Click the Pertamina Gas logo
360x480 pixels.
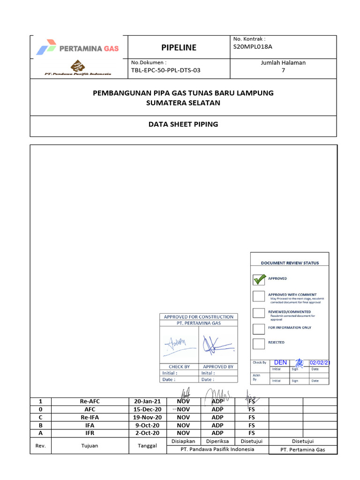tap(78, 48)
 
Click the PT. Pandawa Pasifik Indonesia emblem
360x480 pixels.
tap(77, 66)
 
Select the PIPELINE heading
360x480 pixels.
tap(179, 48)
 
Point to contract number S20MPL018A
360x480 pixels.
tap(253, 47)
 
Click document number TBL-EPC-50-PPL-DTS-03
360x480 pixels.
tap(166, 70)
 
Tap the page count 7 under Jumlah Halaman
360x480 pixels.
tap(283, 70)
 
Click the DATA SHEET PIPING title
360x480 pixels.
tap(183, 124)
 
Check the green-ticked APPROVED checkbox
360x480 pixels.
tap(259, 279)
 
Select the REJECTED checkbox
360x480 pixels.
tap(259, 343)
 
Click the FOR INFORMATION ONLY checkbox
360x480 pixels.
tap(259, 329)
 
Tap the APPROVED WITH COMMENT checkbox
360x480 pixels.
tap(259, 296)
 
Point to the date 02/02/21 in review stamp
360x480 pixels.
tap(320, 363)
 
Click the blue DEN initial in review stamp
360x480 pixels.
tap(280, 362)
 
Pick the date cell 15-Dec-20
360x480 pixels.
tap(148, 409)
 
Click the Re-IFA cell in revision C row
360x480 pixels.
tap(90, 417)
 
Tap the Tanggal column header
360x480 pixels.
tap(148, 446)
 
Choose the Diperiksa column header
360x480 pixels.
tap(217, 441)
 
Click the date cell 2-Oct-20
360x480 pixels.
tap(148, 433)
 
